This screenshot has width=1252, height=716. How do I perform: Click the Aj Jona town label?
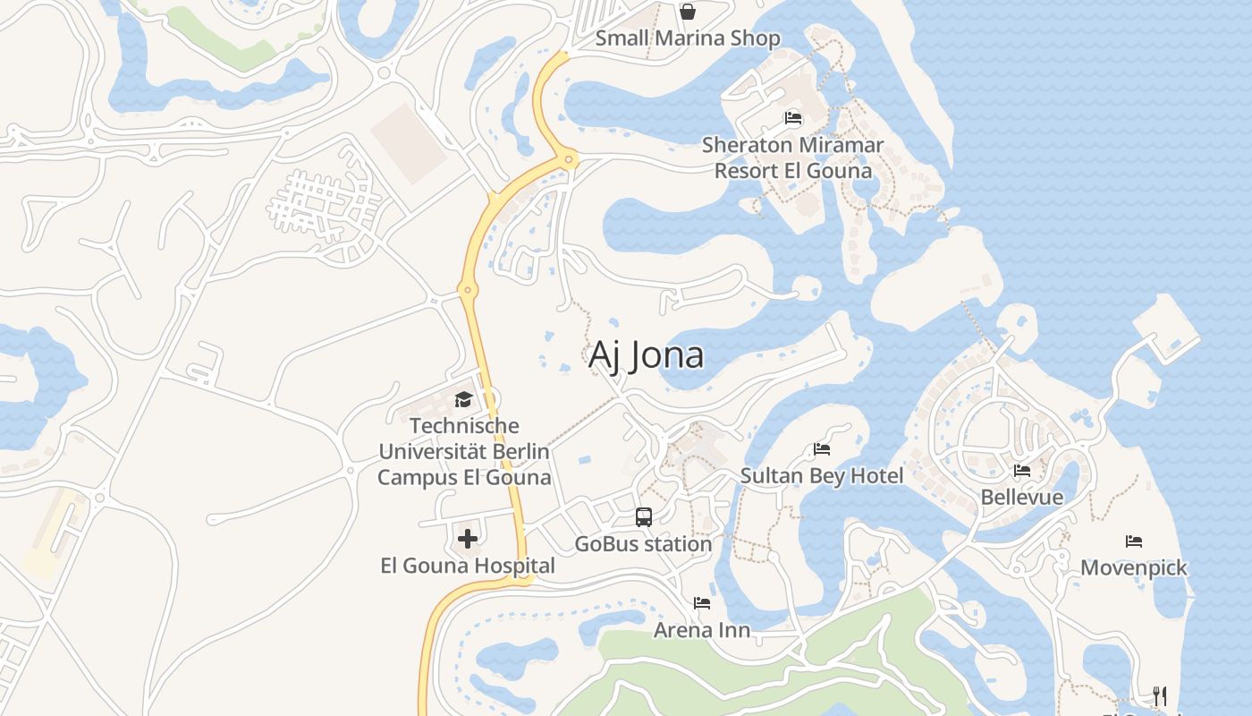(646, 355)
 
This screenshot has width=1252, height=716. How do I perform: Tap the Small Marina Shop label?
(688, 38)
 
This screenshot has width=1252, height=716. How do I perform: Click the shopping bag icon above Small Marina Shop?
(688, 12)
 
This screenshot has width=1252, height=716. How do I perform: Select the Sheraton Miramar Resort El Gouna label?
(792, 158)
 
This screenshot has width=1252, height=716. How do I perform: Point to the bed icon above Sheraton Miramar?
(792, 118)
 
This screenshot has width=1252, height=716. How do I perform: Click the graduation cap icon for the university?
(463, 399)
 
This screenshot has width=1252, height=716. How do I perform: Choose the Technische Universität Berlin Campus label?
(463, 451)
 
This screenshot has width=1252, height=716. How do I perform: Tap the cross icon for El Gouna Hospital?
(467, 539)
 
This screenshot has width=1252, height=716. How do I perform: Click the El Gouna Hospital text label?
(467, 566)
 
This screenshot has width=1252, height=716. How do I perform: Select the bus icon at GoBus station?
(644, 516)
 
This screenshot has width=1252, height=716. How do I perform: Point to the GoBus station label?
(643, 543)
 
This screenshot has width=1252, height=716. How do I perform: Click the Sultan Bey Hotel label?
(822, 475)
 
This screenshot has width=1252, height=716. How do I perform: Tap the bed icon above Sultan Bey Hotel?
(822, 448)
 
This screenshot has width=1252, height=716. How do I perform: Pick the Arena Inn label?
(702, 630)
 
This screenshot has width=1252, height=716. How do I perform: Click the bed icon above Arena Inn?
(702, 603)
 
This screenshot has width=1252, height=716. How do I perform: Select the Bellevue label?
(1022, 497)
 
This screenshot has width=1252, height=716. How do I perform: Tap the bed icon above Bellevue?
(1022, 470)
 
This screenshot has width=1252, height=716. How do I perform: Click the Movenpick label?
(1134, 567)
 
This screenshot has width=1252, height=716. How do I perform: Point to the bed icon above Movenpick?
(1134, 541)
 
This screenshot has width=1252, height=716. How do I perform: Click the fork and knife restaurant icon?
(1160, 695)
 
